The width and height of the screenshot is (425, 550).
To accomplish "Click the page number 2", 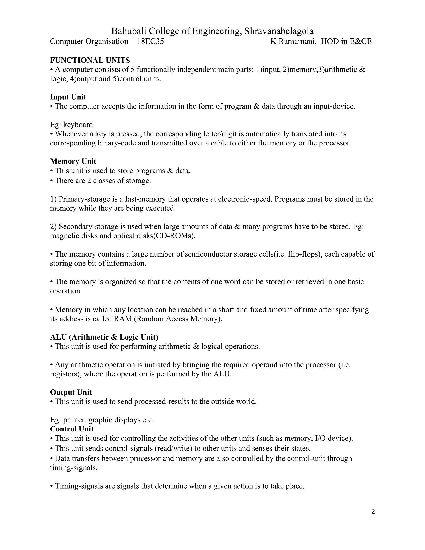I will [x=373, y=511].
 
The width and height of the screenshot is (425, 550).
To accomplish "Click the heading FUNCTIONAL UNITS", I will [x=90, y=60].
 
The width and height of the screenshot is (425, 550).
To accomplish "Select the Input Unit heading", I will [x=68, y=97].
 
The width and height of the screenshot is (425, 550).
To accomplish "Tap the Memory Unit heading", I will [x=73, y=161].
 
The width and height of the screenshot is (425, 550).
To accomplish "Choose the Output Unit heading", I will [x=71, y=392].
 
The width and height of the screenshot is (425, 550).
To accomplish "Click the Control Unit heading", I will [x=72, y=429].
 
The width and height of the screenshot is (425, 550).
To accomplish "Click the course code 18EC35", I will [x=150, y=41].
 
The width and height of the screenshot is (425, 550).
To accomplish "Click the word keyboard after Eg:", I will [x=78, y=125].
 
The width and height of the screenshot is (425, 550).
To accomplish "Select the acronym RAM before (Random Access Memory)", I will [x=123, y=319].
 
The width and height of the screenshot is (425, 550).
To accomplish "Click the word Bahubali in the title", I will [x=129, y=31].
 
